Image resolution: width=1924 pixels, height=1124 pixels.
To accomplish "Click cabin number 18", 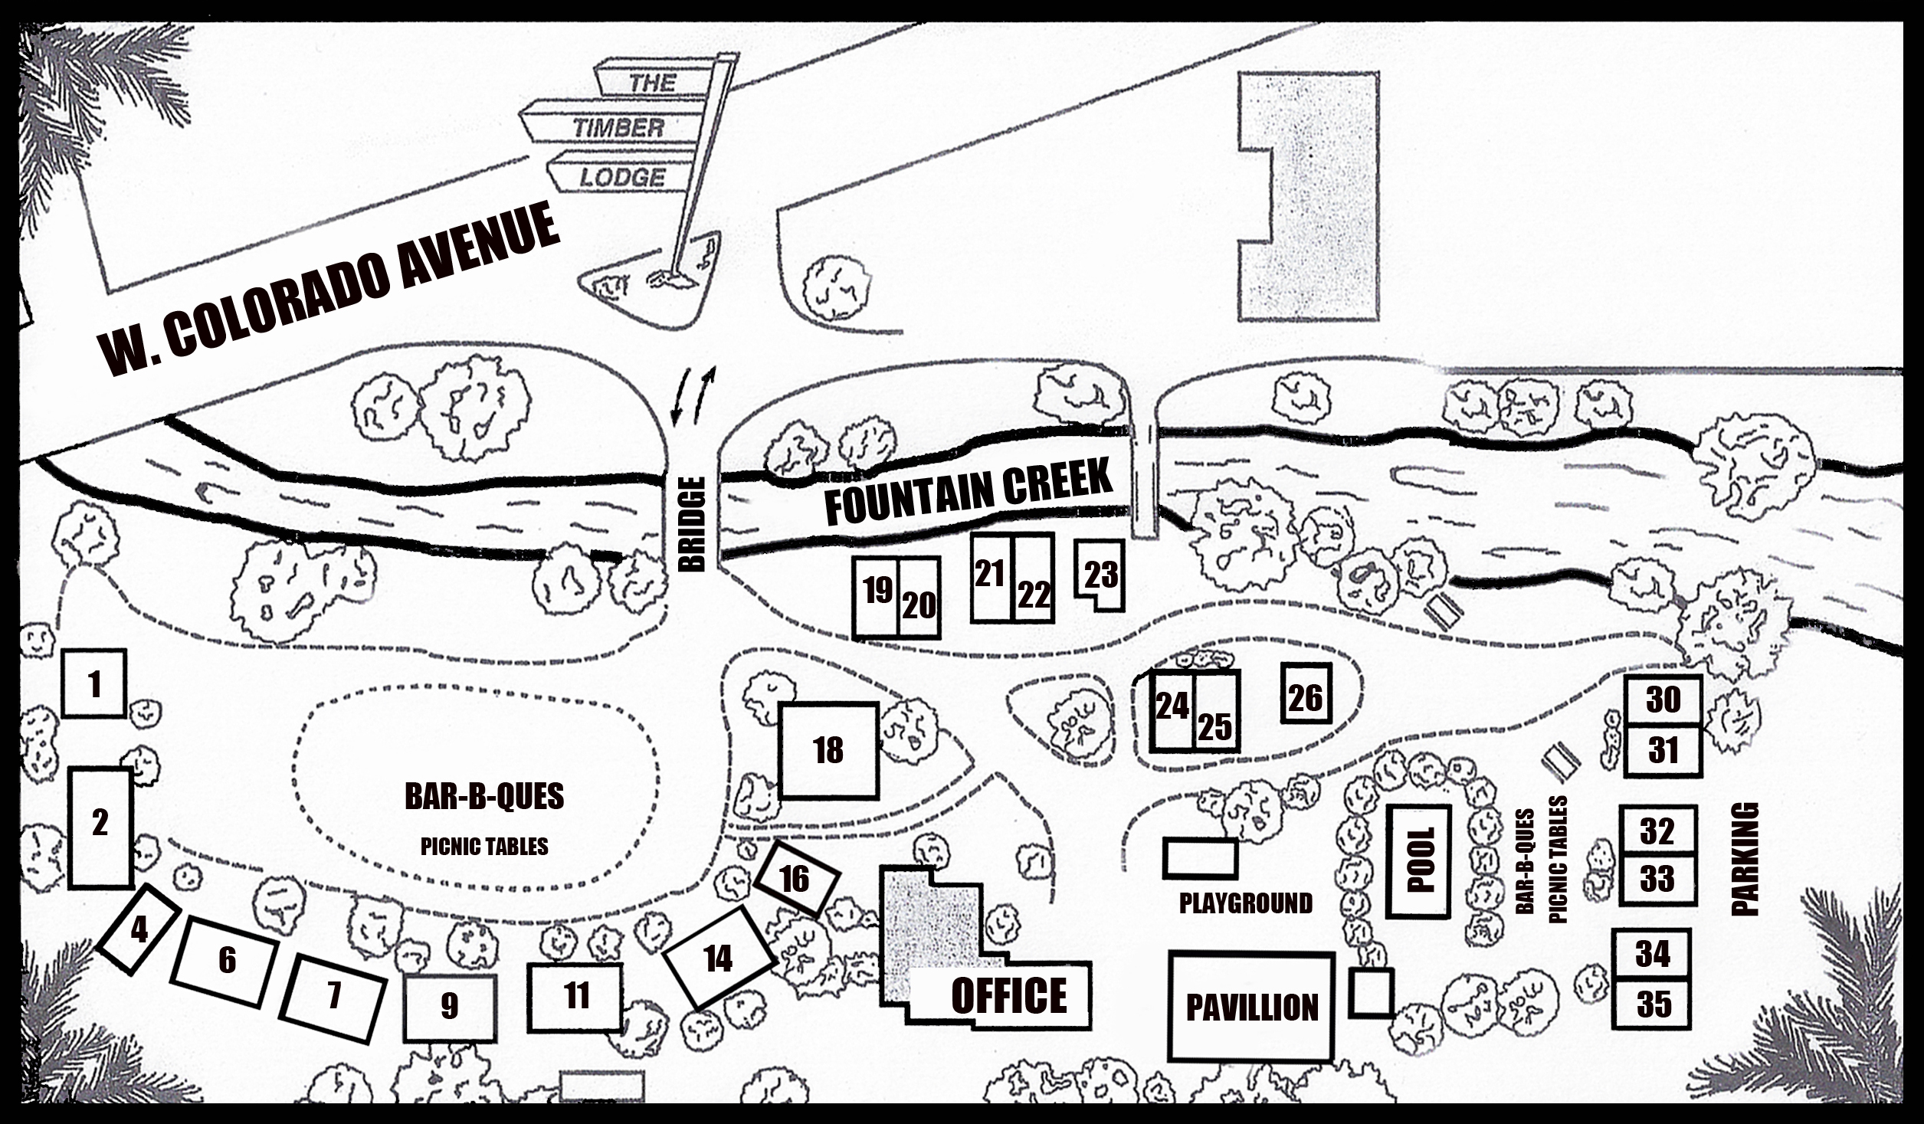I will point(828,750).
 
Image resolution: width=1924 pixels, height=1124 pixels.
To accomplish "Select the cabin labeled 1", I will point(93,683).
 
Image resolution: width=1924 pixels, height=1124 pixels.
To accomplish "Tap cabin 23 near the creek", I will point(1101,574).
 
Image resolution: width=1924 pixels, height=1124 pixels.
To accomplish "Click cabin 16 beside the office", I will point(795,879).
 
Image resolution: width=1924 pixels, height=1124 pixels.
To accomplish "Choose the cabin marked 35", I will point(1653,1004).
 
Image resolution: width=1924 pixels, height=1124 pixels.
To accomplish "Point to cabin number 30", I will point(1663,699).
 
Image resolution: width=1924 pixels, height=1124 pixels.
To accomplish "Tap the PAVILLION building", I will point(1251,1007).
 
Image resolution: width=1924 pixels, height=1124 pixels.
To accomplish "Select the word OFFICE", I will point(1008,996).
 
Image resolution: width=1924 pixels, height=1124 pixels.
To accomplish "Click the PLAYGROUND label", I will point(1245,903).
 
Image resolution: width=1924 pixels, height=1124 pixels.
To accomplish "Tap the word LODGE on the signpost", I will point(621,178).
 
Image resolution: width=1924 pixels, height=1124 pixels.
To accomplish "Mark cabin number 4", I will point(139,929).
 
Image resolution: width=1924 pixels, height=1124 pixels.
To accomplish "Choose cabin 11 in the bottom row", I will point(575,996).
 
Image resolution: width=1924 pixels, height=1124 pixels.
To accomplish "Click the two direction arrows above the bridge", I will point(692,395).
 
